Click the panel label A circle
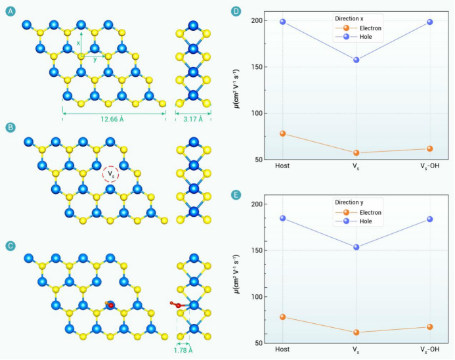point(10,11)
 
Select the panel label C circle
point(10,246)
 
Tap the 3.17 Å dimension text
point(193,120)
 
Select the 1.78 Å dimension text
point(183,350)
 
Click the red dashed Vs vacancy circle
point(110,175)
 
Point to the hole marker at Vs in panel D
point(357,60)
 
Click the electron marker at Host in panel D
point(283,133)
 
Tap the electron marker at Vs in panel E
point(357,332)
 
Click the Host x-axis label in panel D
point(283,166)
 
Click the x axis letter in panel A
point(78,43)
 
